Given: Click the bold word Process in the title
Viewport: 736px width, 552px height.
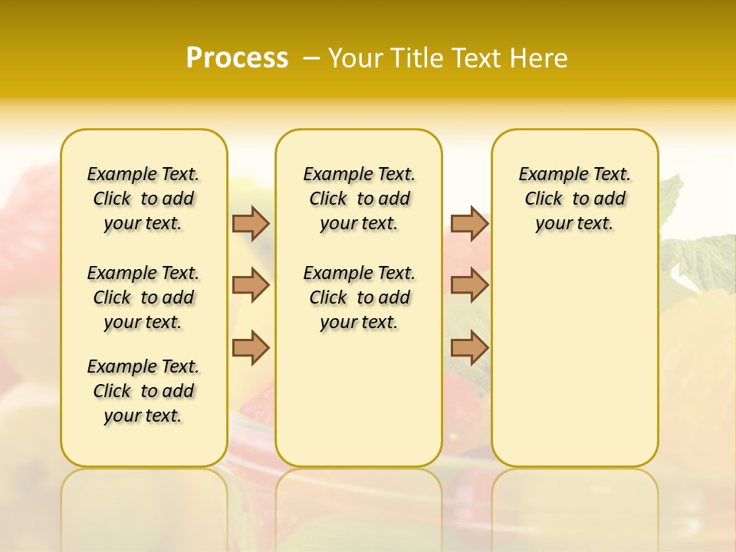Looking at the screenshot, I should click(237, 58).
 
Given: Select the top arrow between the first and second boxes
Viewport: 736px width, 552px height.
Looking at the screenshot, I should click(251, 223).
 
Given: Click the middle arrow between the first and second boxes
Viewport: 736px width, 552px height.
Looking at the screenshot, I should click(251, 285).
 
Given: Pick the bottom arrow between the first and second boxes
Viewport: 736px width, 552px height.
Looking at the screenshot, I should click(251, 347).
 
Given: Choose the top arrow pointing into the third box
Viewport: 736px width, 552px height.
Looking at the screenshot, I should click(469, 223).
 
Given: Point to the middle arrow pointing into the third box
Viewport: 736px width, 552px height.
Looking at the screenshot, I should click(469, 285).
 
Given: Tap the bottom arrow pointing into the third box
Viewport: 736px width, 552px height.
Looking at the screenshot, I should click(469, 347).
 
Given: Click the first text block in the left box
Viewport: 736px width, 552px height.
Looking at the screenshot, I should click(143, 199).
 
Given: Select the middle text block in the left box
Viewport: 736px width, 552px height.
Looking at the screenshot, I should click(143, 297).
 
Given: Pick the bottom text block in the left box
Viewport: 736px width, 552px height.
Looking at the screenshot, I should click(143, 391).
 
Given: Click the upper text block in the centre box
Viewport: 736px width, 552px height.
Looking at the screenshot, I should click(360, 199).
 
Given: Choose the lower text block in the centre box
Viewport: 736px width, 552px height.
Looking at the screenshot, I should click(360, 297).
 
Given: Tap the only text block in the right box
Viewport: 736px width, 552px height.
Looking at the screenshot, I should click(575, 199).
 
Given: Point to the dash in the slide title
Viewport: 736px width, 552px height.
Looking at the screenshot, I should click(311, 58).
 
